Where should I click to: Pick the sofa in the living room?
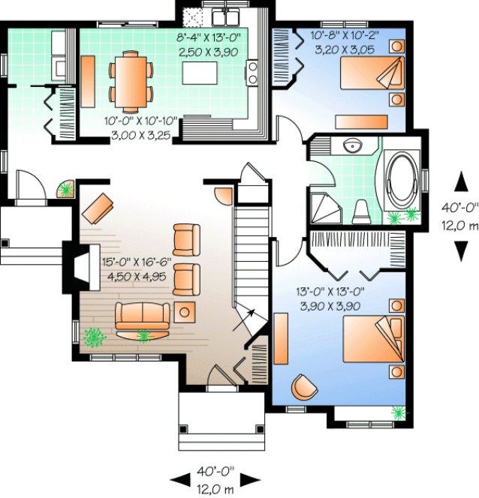[x=142, y=316]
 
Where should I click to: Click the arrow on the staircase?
[x=249, y=314]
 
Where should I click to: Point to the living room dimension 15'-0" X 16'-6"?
[x=137, y=262]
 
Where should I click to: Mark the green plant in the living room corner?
[x=94, y=338]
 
